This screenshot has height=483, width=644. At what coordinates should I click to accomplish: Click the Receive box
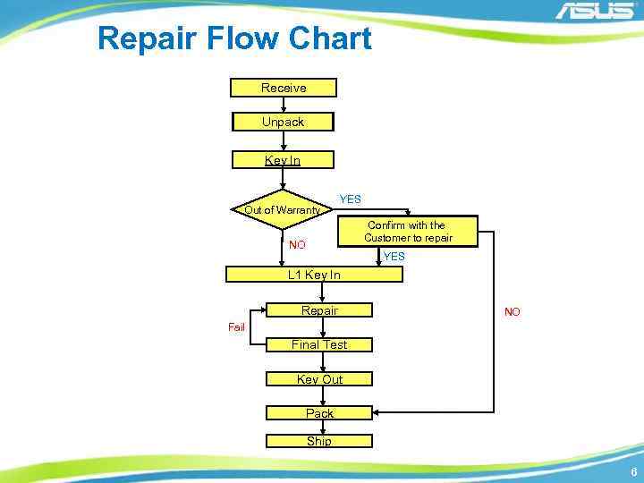pyautogui.click(x=284, y=88)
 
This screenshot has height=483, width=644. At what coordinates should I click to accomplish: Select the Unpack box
pyautogui.click(x=283, y=122)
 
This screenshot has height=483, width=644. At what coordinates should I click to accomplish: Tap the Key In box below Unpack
pyautogui.click(x=283, y=160)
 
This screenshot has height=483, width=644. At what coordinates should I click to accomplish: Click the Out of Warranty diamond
pyautogui.click(x=283, y=210)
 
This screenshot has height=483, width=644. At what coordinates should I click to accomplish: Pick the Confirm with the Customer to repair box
pyautogui.click(x=408, y=232)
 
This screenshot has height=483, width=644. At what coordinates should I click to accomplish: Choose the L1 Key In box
pyautogui.click(x=314, y=275)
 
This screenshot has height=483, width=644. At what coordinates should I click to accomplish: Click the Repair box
pyautogui.click(x=319, y=310)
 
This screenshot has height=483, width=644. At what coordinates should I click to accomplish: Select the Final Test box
pyautogui.click(x=319, y=344)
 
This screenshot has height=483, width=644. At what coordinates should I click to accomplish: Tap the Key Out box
pyautogui.click(x=319, y=379)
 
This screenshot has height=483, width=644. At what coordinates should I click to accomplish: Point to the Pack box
pyautogui.click(x=319, y=413)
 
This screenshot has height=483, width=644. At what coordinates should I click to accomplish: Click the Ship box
pyautogui.click(x=319, y=441)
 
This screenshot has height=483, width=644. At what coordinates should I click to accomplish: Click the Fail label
pyautogui.click(x=236, y=327)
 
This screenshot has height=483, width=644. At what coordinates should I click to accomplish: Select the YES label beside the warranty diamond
pyautogui.click(x=350, y=199)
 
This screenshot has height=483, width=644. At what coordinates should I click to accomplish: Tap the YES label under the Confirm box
pyautogui.click(x=394, y=257)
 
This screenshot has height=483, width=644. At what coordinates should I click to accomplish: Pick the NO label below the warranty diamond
pyautogui.click(x=297, y=245)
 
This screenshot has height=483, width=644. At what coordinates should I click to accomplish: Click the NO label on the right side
pyautogui.click(x=512, y=312)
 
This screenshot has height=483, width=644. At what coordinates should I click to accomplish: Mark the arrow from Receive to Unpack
pyautogui.click(x=284, y=105)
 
